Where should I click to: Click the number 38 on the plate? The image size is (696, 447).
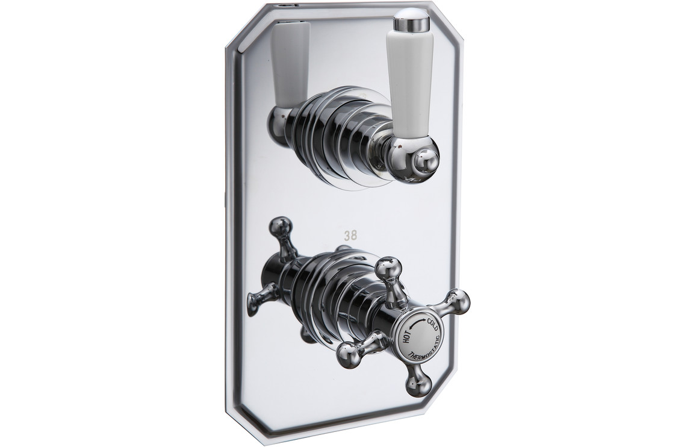pos(350,236)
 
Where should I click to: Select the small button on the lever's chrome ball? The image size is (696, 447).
pos(425,163)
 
